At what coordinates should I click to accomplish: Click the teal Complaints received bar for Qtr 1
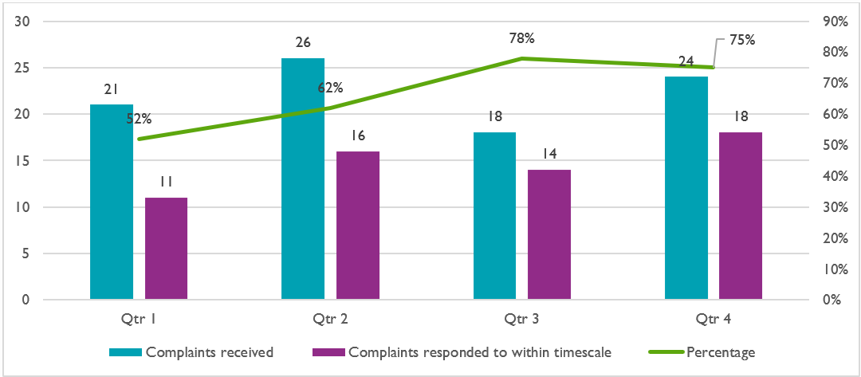tap(112, 202)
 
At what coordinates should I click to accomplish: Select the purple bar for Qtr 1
tap(166, 249)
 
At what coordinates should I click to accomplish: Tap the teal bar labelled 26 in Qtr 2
tap(303, 179)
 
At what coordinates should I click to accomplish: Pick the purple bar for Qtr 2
tap(357, 226)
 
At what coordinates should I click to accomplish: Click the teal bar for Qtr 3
tap(495, 216)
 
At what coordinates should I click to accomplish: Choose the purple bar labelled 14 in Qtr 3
tap(549, 235)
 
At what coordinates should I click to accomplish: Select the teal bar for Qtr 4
tap(686, 188)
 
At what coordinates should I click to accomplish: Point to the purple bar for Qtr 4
tap(741, 216)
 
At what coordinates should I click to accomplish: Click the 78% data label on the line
tap(523, 37)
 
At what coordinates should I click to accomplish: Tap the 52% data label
tap(139, 120)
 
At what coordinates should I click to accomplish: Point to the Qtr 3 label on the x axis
tap(521, 319)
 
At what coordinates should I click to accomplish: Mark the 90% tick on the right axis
tap(836, 22)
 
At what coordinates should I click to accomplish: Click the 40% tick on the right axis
tap(836, 176)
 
